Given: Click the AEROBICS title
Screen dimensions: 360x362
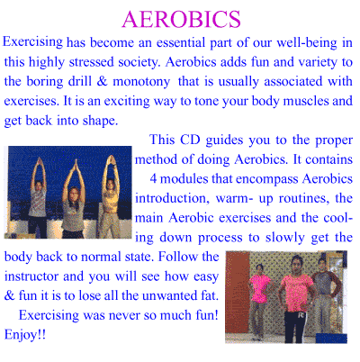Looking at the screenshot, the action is (181, 19).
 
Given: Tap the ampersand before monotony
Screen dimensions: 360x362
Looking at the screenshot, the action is (102, 81).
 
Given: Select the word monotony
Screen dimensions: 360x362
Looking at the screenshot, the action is (141, 82).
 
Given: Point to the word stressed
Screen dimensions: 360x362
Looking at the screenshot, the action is (92, 62).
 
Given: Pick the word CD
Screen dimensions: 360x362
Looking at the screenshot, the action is (190, 140).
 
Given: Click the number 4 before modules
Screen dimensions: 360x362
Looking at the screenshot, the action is (153, 179).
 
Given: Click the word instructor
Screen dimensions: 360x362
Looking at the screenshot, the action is (31, 276).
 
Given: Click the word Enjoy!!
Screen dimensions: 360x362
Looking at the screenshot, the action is (25, 335).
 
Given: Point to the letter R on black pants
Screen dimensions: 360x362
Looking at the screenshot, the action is (301, 315).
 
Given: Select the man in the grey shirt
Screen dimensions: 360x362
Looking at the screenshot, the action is (323, 297).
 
